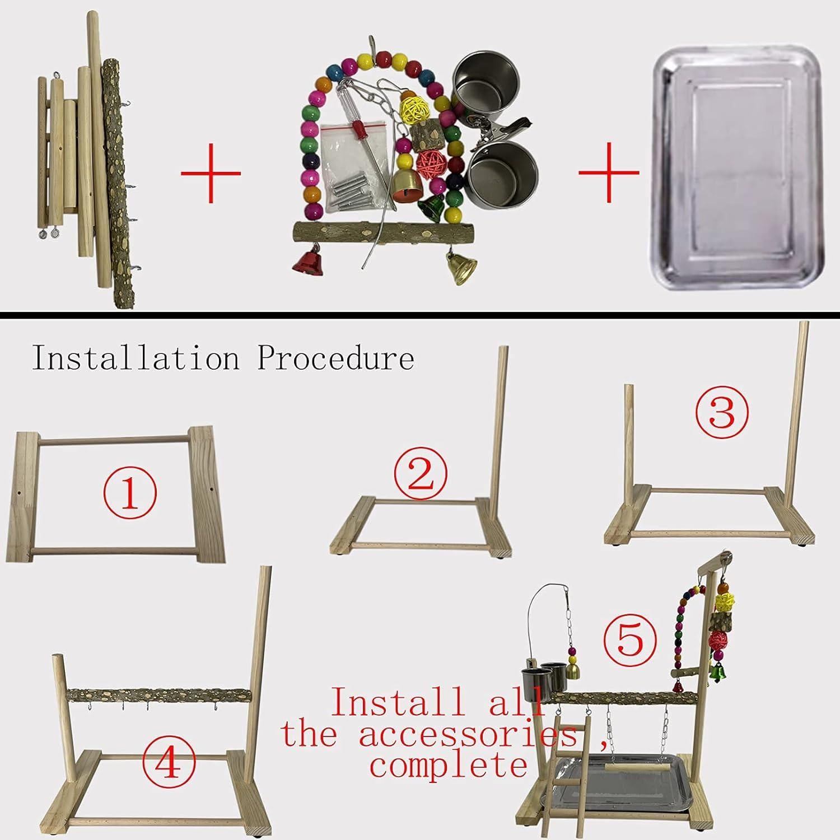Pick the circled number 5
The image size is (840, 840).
[630, 639]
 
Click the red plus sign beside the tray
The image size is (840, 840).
[609, 172]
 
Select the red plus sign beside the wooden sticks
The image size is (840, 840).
[211, 172]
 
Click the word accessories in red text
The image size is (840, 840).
[468, 734]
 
